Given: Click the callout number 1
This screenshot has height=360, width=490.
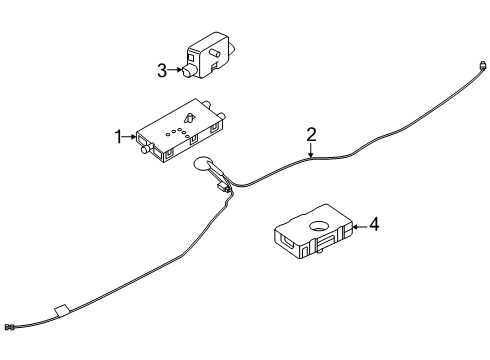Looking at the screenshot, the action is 118,137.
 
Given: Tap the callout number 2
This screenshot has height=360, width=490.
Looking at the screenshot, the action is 311,135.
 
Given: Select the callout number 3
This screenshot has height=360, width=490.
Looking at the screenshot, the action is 162,71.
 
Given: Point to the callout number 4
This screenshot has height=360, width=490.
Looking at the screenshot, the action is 374,224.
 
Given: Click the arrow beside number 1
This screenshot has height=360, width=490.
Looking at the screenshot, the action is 129,137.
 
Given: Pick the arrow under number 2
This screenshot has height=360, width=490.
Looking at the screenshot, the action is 311,150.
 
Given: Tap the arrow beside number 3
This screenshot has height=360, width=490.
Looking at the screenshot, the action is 174,70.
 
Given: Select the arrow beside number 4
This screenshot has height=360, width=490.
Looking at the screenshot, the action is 360,227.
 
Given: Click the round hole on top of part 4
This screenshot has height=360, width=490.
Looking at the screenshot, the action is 319,226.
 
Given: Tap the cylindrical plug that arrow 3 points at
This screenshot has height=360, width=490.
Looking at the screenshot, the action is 188,71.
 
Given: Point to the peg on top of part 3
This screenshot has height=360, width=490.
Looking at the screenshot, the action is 214,53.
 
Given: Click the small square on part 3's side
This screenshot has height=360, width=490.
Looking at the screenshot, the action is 191,58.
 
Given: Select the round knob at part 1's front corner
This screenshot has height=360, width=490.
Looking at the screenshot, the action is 146,149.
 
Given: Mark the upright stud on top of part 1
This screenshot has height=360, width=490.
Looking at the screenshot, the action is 190,118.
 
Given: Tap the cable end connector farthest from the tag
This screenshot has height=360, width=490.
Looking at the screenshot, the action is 481,65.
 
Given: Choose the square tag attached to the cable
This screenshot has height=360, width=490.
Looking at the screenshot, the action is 61,311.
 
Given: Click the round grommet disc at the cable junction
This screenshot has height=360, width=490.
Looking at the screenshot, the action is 201,163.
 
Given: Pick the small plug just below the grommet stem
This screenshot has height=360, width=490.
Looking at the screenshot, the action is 222,187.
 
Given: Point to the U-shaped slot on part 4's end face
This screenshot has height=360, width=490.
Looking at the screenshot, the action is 288,242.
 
